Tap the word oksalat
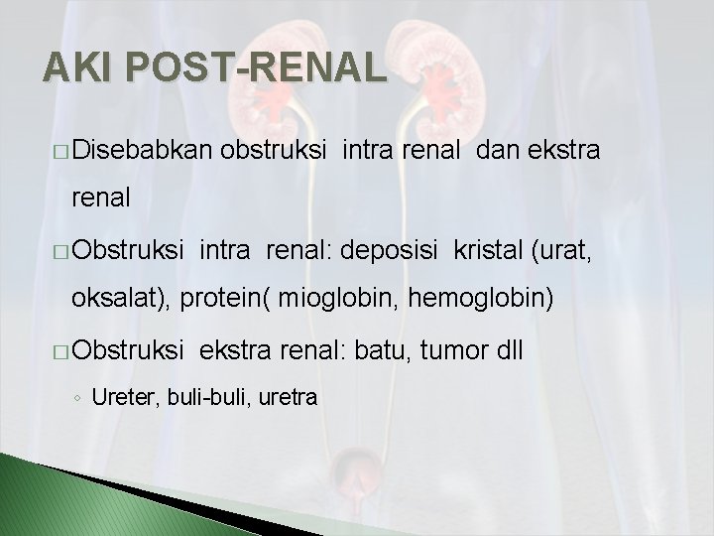(x=132, y=299)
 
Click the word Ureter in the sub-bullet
(x=116, y=398)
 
